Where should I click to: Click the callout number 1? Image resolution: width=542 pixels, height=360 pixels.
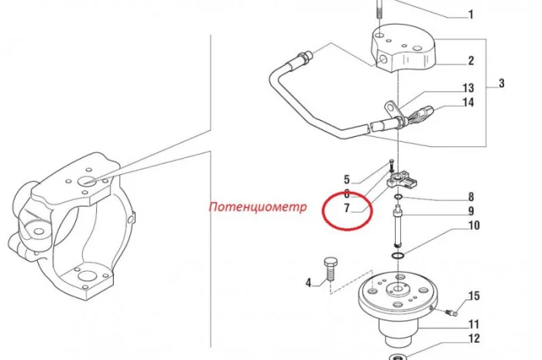[x=471, y=15]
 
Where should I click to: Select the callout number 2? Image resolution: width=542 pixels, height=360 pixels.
[x=471, y=61]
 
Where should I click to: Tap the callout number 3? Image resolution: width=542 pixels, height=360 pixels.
[x=501, y=84]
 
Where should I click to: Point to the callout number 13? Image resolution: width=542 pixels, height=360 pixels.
[x=468, y=88]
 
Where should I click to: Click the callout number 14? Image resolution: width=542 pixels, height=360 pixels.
[x=468, y=103]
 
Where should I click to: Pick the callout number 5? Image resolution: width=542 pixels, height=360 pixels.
[x=347, y=180]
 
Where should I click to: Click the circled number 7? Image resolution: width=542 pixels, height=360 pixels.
[x=347, y=208]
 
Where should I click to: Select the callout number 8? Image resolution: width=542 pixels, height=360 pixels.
[x=471, y=197]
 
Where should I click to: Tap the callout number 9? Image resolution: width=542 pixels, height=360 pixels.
[x=471, y=211]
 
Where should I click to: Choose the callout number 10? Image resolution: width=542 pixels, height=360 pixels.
[x=474, y=225]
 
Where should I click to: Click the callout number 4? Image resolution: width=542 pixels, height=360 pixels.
[x=308, y=283]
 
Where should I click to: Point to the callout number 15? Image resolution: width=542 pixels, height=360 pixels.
[x=474, y=296]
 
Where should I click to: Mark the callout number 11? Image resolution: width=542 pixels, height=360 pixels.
[x=474, y=324]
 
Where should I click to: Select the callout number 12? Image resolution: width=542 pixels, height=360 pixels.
[x=474, y=338]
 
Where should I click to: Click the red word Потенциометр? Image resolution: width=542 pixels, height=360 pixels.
[x=258, y=207]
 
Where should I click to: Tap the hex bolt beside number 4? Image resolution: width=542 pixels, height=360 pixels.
[x=331, y=270]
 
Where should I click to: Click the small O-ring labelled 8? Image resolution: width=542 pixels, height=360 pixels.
[x=398, y=197]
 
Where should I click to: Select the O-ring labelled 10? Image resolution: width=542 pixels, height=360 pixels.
[x=398, y=256]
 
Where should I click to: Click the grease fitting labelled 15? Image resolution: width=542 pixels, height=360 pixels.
[x=451, y=313]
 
